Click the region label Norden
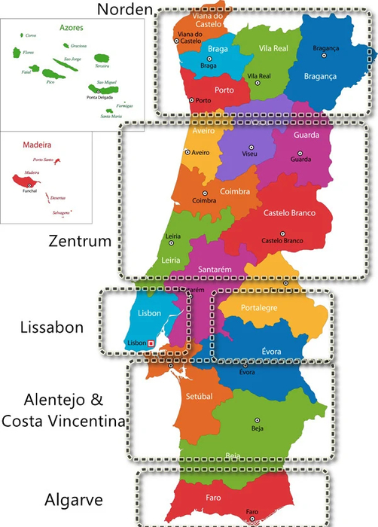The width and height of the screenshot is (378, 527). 125,9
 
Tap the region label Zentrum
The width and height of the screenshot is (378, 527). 80,242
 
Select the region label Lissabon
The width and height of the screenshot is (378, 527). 52,327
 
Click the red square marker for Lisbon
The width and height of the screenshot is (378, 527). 151,343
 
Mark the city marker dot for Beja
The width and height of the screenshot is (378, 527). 257,420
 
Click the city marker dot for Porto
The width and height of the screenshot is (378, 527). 193,99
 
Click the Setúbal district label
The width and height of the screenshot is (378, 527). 199,396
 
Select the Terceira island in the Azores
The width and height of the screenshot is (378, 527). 101,58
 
